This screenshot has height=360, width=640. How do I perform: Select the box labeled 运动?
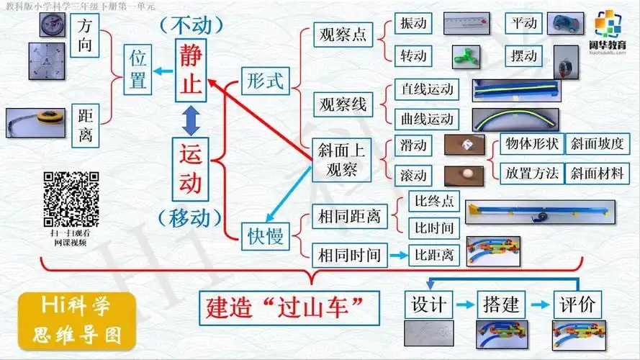(x=191, y=170)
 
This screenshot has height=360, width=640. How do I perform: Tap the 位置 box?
(x=138, y=69)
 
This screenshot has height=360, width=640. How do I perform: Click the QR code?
(x=71, y=199)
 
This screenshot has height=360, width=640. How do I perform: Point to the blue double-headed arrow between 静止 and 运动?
(x=191, y=120)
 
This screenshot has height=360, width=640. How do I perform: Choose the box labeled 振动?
(x=414, y=23)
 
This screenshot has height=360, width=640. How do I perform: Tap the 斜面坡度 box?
(x=597, y=143)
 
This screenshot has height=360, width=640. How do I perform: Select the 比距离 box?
(x=432, y=253)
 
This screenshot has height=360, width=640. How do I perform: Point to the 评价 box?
(x=577, y=304)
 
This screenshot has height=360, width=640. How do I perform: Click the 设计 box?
(x=429, y=304)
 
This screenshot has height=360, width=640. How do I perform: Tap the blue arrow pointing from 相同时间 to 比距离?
(x=396, y=253)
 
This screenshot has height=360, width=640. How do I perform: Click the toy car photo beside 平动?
(x=568, y=24)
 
